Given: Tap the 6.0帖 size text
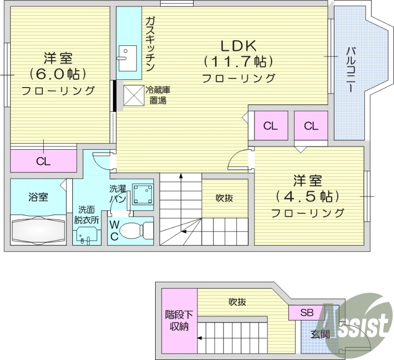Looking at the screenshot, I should (58, 74).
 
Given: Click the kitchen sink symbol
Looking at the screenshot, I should (128, 53).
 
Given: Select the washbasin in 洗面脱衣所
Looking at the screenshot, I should (85, 238).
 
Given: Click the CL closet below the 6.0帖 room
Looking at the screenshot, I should (43, 161).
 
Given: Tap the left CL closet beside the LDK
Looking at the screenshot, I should (270, 126).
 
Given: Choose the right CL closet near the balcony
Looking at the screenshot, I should (311, 126).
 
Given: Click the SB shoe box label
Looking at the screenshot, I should (307, 313).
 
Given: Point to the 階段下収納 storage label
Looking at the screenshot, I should (179, 321).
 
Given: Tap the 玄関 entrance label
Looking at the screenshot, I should (320, 335).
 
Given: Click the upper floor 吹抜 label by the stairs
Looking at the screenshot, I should (224, 198).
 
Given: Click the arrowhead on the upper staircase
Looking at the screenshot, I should (181, 174).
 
